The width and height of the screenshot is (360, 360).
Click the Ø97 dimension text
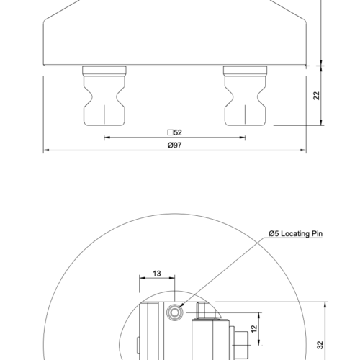click(174, 145)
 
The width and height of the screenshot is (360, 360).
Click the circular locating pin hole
click(174, 312)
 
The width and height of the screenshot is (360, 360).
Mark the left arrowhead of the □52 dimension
click(107, 138)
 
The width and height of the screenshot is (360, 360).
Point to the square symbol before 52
click(169, 132)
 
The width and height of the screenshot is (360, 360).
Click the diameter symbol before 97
click(169, 145)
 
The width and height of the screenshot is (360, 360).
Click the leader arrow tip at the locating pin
click(181, 307)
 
